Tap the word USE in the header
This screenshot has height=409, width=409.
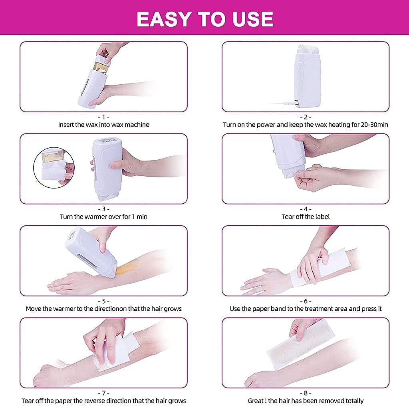tap(253, 19)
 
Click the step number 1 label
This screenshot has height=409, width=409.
tap(103, 117)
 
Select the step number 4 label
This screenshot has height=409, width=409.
tap(306, 209)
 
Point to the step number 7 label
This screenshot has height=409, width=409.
tap(103, 393)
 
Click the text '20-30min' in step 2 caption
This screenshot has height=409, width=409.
tap(374, 125)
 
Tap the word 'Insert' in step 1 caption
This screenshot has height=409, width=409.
tap(66, 125)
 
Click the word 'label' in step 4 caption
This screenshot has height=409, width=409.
tap(322, 217)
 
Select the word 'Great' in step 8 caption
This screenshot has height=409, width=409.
tap(256, 401)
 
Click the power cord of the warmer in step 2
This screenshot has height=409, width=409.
tap(282, 103)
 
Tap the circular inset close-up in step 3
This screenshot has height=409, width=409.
tap(54, 167)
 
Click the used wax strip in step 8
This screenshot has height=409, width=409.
tap(300, 345)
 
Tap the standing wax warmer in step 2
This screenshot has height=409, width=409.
tap(308, 75)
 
